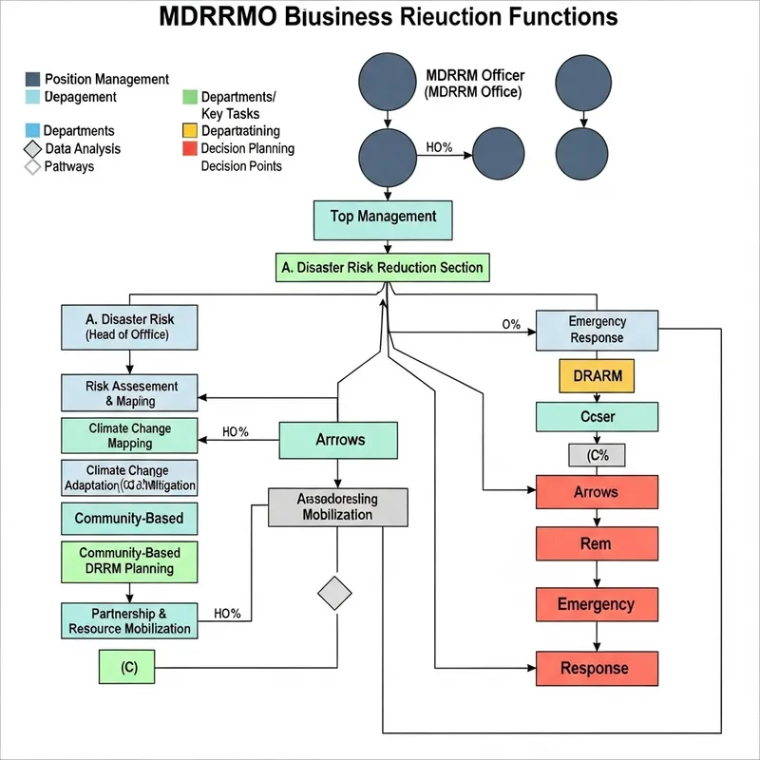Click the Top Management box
coord(383,218)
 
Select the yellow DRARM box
coord(598,375)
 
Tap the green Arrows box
coord(338,440)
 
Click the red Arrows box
coord(596,493)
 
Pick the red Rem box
coord(596,544)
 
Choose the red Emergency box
coord(596,604)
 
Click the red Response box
coord(596,668)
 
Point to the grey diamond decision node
coord(333,593)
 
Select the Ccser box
coord(598,416)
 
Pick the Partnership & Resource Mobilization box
coord(129,620)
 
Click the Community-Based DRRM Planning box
coord(129,560)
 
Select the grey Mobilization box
coord(338,506)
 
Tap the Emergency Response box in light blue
coord(596,330)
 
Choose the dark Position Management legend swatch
coord(33,79)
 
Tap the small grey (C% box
coord(597,455)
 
